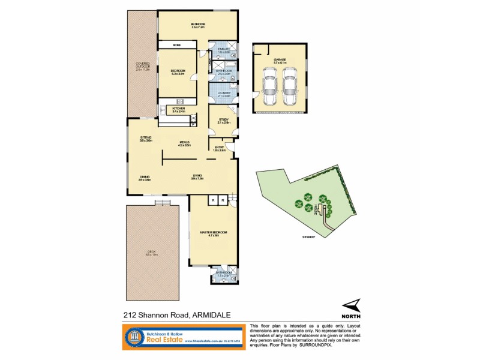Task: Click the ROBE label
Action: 177,45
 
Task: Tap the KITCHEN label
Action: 178,109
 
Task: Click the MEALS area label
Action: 184,143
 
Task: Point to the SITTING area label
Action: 146,138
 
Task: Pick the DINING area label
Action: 145,177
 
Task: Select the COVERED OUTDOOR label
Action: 142,64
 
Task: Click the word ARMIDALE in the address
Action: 213,313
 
